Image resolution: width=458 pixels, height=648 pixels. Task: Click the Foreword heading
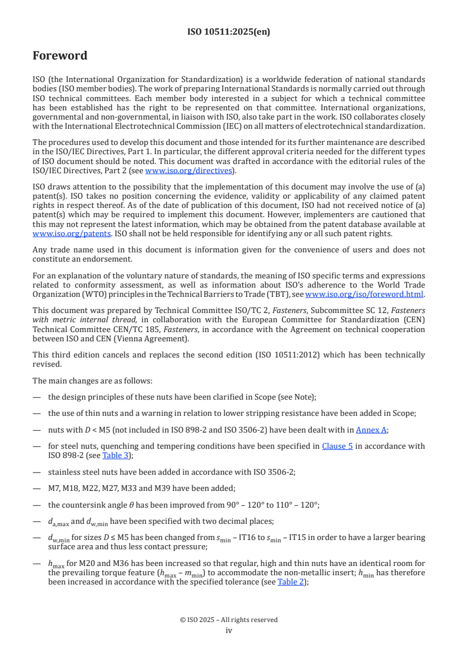click(x=60, y=56)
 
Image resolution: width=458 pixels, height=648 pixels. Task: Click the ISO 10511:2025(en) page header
click(x=229, y=32)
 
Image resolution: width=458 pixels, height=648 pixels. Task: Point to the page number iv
click(x=229, y=630)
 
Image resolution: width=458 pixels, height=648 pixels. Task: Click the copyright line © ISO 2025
click(x=229, y=620)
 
